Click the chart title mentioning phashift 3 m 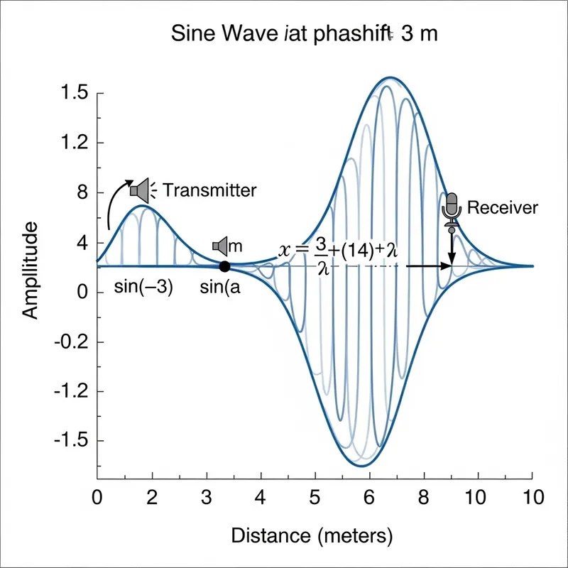pos(305,35)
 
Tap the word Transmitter pos(209,190)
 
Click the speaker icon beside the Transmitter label pos(141,190)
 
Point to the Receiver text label pos(503,208)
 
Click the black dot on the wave pos(224,267)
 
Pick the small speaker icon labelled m pos(220,246)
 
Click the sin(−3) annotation pos(143,288)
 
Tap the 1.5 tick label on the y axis pos(74,93)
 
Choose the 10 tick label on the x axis pos(532,496)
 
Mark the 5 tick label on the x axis pos(315,496)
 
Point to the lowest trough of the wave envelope pos(361,466)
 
